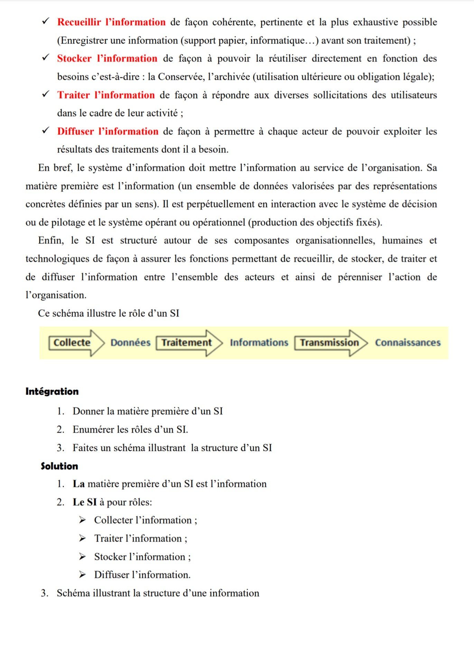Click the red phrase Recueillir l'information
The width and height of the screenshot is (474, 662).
pos(111,22)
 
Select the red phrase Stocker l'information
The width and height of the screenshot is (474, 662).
pos(107,58)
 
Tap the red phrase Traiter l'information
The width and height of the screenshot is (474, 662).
pos(106,95)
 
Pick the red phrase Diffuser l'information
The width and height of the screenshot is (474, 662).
pos(108,131)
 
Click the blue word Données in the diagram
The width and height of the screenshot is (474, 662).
pos(130,342)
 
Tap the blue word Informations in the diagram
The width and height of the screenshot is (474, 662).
pos(259,342)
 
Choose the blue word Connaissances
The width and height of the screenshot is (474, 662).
pos(408,342)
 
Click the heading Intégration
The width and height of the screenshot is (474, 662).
pos(52,391)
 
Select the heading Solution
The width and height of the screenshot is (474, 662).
pos(59,466)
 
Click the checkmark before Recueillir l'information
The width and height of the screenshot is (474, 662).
pos(46,21)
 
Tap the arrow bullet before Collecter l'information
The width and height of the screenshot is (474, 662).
pos(82,520)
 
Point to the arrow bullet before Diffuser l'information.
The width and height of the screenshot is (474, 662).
pos(82,575)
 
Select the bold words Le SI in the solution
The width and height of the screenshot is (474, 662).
pos(84,502)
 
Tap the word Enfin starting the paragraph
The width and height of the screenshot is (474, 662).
pos(50,240)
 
